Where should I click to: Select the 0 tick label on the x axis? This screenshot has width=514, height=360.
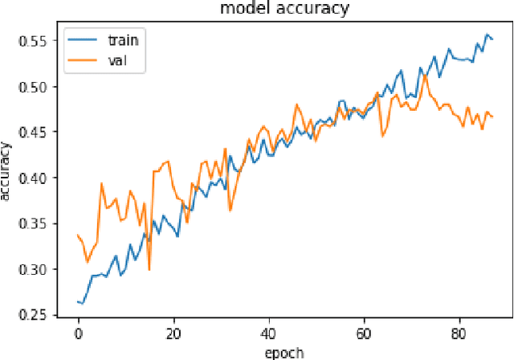point(78,333)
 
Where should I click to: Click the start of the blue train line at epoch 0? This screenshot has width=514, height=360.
point(78,301)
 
